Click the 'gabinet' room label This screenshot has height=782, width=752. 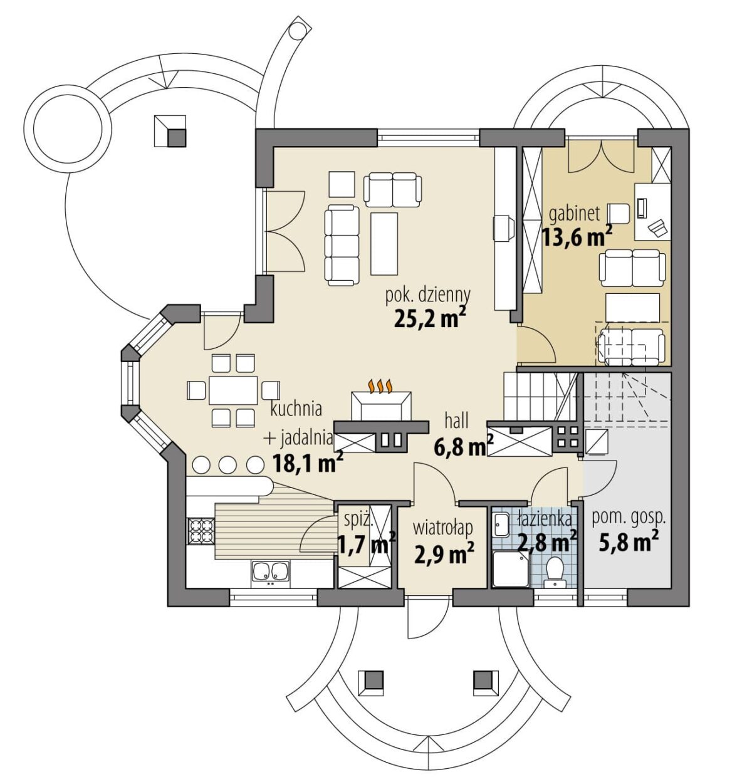click(574, 214)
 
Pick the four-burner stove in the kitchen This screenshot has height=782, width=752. click(201, 531)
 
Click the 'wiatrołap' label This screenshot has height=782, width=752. click(442, 529)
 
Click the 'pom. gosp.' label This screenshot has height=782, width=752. click(629, 519)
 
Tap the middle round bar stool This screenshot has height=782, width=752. click(227, 465)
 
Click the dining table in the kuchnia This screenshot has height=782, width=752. click(233, 390)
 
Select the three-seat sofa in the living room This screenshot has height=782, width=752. click(342, 246)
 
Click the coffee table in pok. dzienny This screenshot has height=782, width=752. click(384, 244)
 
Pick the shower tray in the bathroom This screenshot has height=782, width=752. click(511, 570)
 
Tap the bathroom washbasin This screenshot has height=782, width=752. click(501, 524)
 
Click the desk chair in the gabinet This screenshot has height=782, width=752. click(619, 214)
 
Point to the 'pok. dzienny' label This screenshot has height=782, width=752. click(427, 296)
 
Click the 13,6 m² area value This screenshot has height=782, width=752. click(577, 237)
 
